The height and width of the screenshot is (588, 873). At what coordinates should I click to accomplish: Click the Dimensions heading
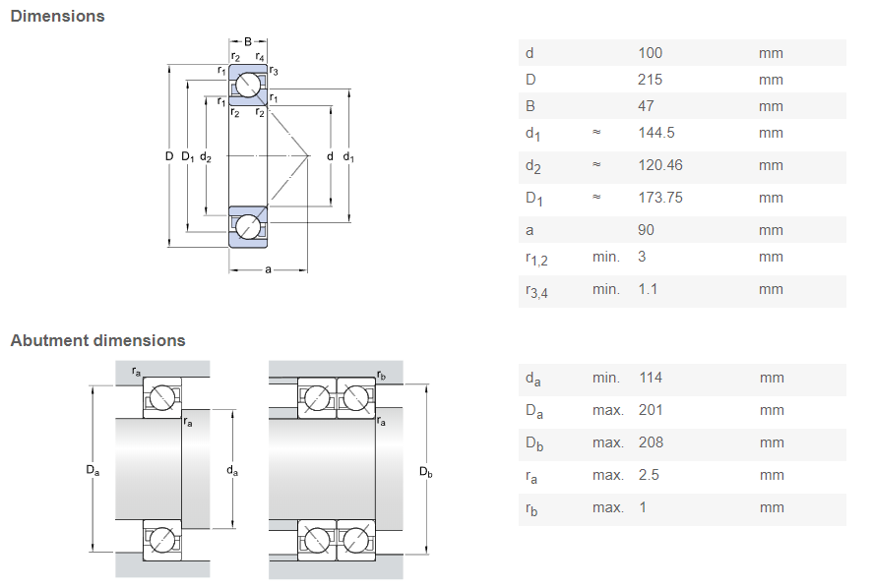coord(57,16)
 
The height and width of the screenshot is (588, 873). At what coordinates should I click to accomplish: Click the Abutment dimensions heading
coord(97,340)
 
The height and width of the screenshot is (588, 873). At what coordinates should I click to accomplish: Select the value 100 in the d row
coord(651,53)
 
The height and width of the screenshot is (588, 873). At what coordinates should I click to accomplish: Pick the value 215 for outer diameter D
coord(651,80)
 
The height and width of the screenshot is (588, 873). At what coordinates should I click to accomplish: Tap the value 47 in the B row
coord(646,106)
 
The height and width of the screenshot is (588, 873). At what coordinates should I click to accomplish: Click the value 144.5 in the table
coord(655,133)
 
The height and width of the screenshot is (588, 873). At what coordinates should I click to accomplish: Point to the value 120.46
coord(659,165)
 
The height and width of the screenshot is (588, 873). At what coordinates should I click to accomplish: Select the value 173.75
coord(659,198)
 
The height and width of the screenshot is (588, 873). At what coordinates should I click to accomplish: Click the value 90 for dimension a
coord(646,230)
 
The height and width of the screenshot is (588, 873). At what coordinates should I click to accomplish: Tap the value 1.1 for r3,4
coord(649,289)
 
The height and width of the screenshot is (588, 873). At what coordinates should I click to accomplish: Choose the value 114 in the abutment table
coord(650,378)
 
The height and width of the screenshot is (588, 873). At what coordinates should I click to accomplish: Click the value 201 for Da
coord(651,410)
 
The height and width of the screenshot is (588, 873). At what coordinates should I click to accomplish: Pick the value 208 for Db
coord(651,442)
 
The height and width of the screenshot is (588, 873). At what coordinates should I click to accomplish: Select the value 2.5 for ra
coord(649,475)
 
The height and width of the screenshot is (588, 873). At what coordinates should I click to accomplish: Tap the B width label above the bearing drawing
coord(248,41)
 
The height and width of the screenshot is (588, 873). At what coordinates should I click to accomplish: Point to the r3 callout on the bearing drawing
coord(274,71)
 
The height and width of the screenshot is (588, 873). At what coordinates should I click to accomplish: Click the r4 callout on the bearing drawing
coord(260,58)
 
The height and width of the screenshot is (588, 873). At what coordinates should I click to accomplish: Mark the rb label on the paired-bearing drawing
coord(381,375)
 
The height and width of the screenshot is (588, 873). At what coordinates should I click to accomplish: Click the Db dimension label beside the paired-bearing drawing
coord(425,472)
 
